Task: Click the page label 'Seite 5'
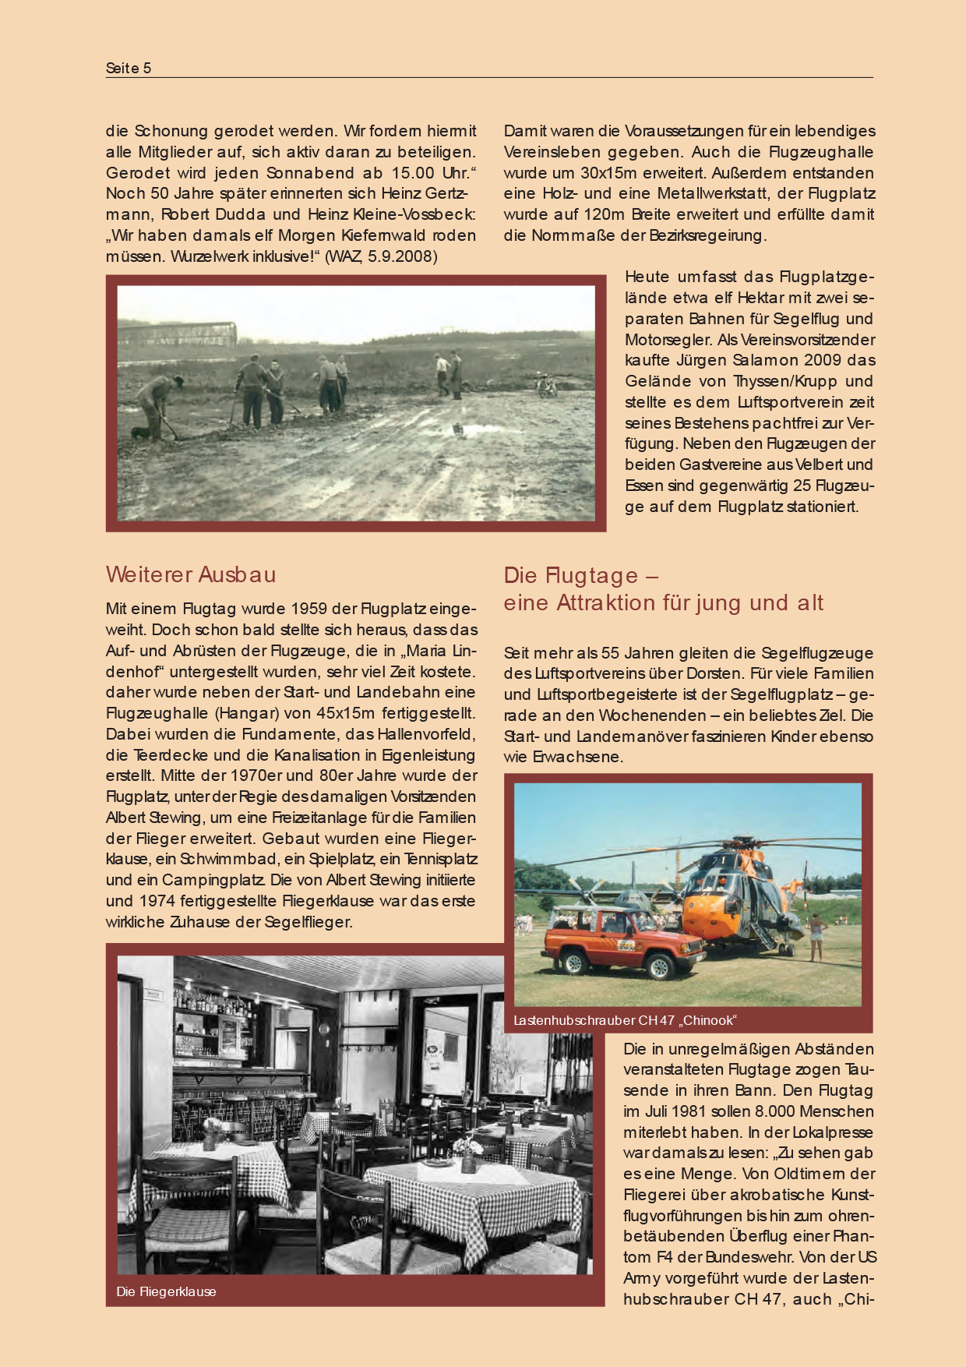tap(129, 68)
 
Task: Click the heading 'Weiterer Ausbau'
tap(191, 574)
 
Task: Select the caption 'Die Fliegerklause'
tap(166, 1291)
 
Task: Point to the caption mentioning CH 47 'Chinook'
tap(625, 1020)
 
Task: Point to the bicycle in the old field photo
tap(548, 384)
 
